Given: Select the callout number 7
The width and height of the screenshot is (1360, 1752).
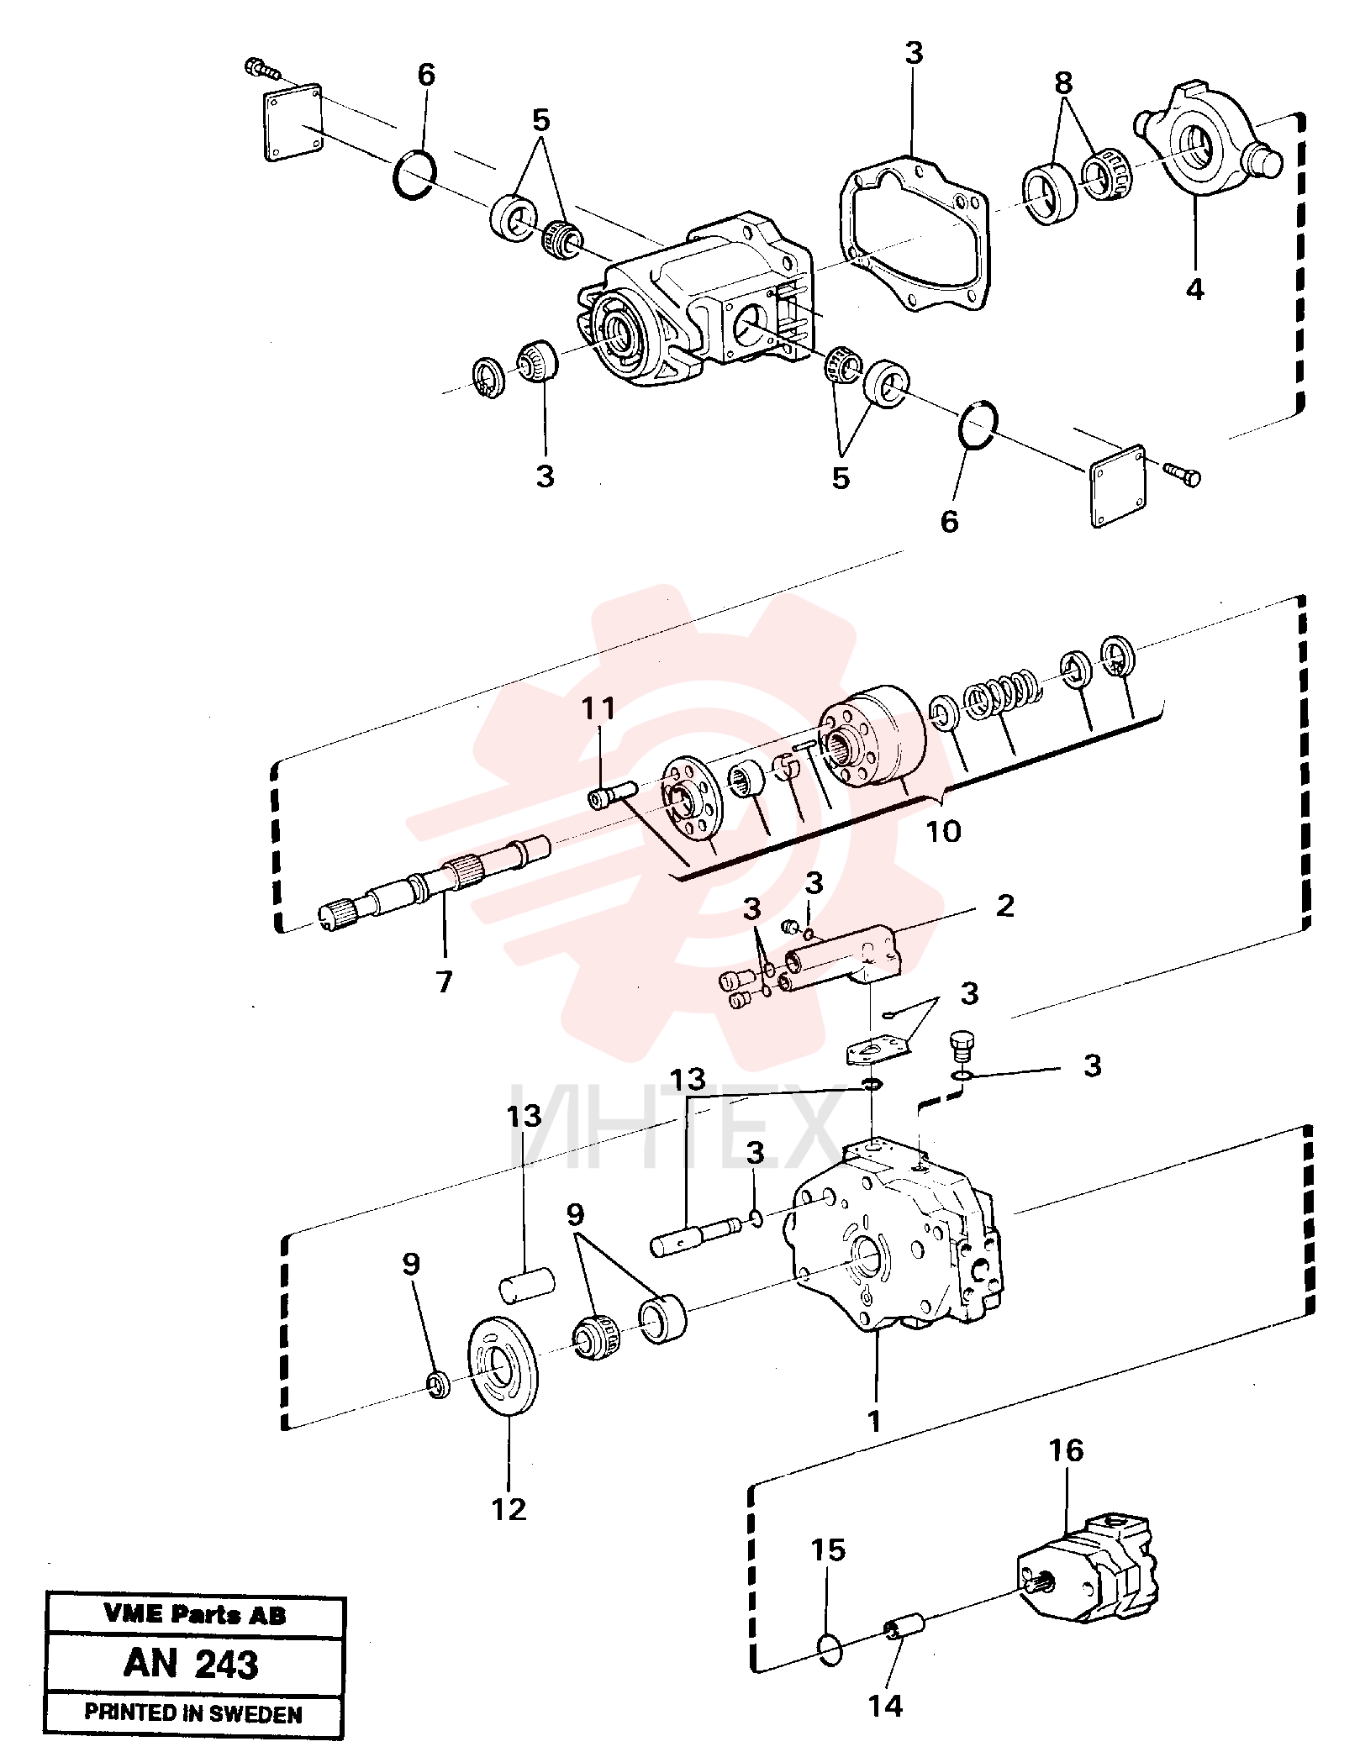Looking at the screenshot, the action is tap(445, 980).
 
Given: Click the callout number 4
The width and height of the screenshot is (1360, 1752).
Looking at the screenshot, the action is tap(1194, 289).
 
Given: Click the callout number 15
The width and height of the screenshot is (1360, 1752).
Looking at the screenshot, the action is tap(828, 1549).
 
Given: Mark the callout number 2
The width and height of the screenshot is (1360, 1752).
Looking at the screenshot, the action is tap(1005, 906).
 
